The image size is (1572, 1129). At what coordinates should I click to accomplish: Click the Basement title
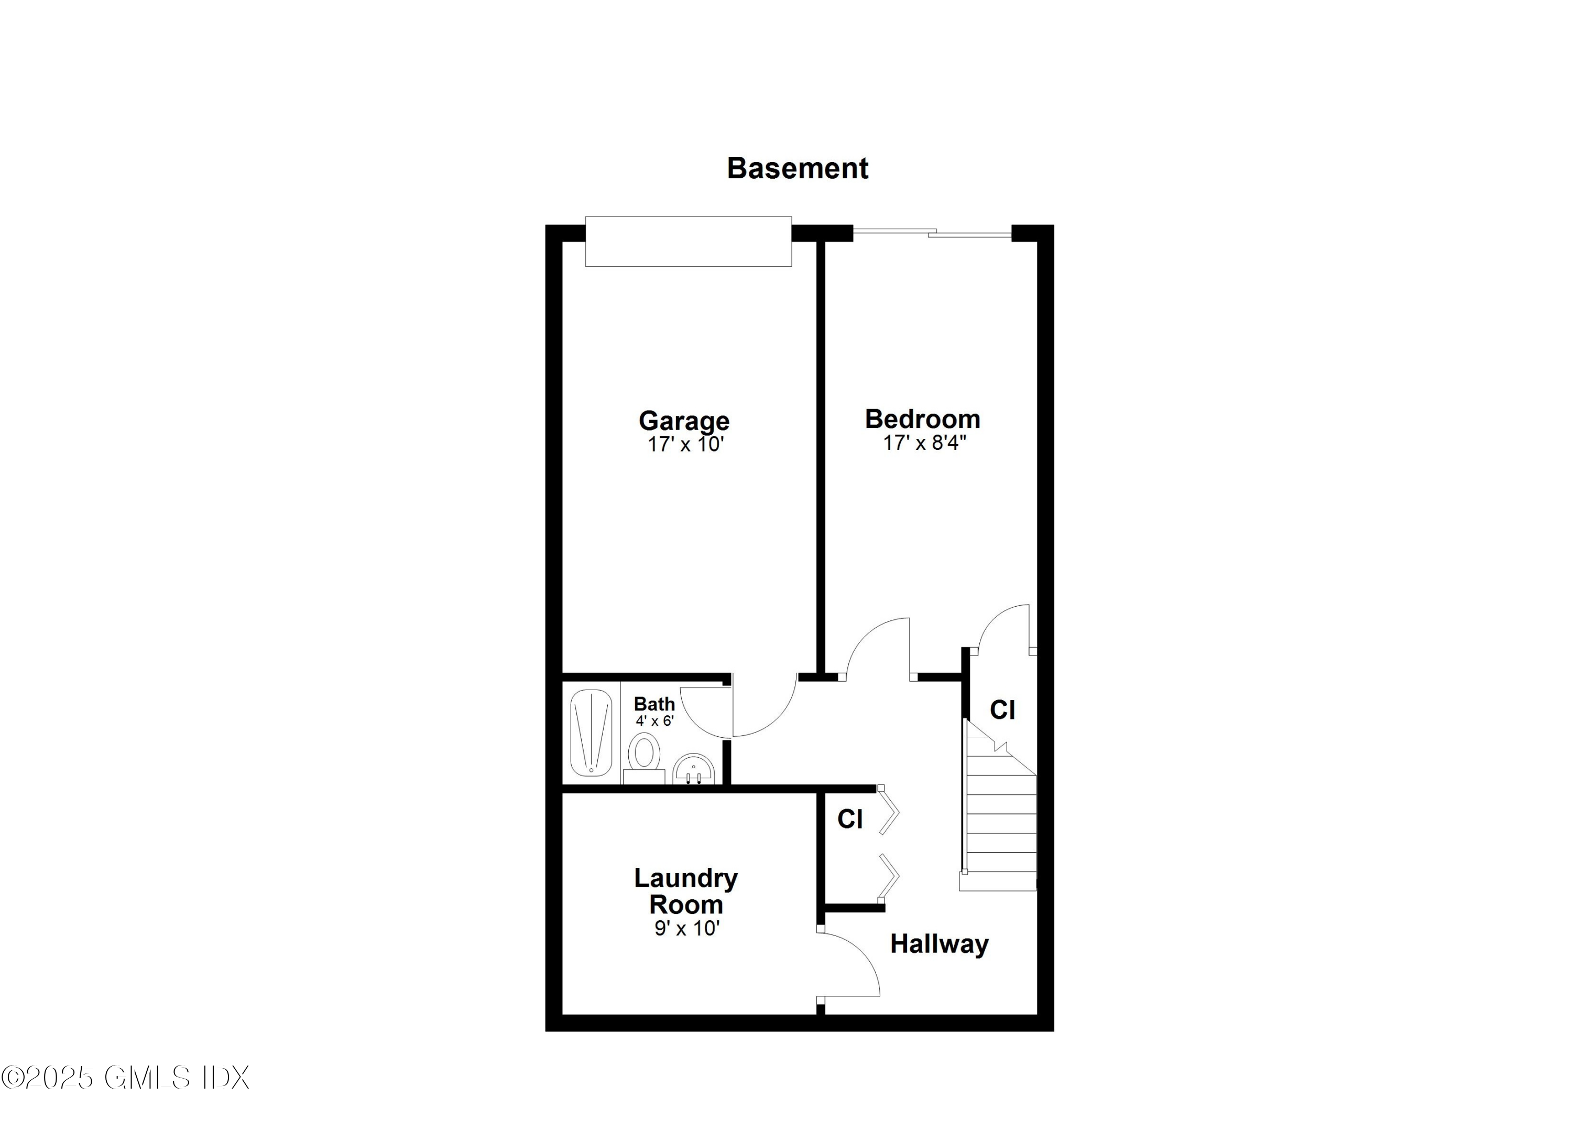click(x=797, y=168)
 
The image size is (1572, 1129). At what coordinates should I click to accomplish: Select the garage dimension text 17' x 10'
click(x=685, y=445)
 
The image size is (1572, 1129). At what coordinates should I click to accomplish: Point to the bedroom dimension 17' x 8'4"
click(x=924, y=443)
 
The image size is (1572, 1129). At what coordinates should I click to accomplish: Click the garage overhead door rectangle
click(x=687, y=241)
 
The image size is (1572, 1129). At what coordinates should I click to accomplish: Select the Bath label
click(x=653, y=704)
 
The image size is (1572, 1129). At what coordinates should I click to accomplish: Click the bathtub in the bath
click(x=591, y=735)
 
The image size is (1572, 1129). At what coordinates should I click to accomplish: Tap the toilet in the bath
click(x=644, y=756)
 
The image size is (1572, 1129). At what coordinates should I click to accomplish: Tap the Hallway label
click(x=938, y=944)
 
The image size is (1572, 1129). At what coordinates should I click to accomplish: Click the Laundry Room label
click(x=685, y=891)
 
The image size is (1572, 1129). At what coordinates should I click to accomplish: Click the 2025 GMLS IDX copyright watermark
click(x=125, y=1078)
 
